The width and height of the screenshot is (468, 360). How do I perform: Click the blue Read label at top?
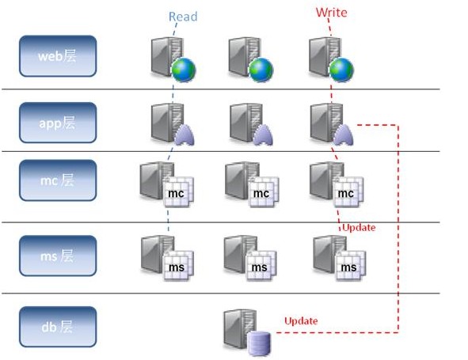click(x=183, y=16)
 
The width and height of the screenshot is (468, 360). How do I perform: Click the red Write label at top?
click(x=331, y=12)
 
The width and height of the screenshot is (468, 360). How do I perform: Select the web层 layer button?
click(x=58, y=56)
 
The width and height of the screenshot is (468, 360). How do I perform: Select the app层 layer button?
click(x=58, y=123)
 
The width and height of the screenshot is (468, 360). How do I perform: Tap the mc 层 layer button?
click(x=58, y=180)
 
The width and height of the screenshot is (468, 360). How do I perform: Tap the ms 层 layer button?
click(x=58, y=255)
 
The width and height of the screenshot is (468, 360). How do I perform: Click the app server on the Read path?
click(x=171, y=124)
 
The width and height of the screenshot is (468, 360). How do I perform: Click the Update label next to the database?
click(x=301, y=320)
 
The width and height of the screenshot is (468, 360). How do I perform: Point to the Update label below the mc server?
click(x=359, y=228)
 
